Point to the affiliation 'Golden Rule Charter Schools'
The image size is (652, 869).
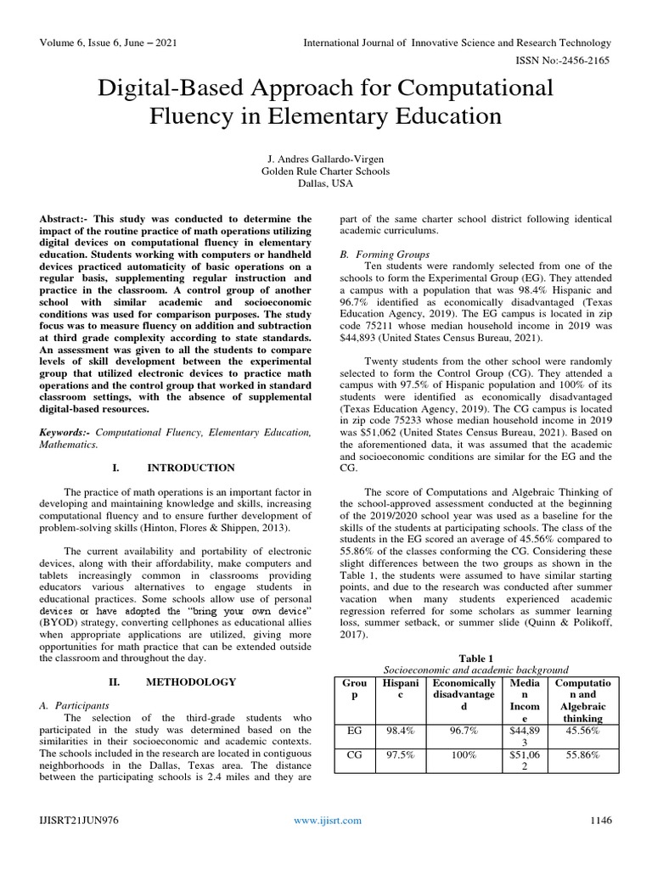326,171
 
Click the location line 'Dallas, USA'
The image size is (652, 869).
326,184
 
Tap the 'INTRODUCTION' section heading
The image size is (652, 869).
191,468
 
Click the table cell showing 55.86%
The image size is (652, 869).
583,754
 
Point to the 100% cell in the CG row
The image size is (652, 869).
464,754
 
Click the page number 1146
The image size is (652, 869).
599,820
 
